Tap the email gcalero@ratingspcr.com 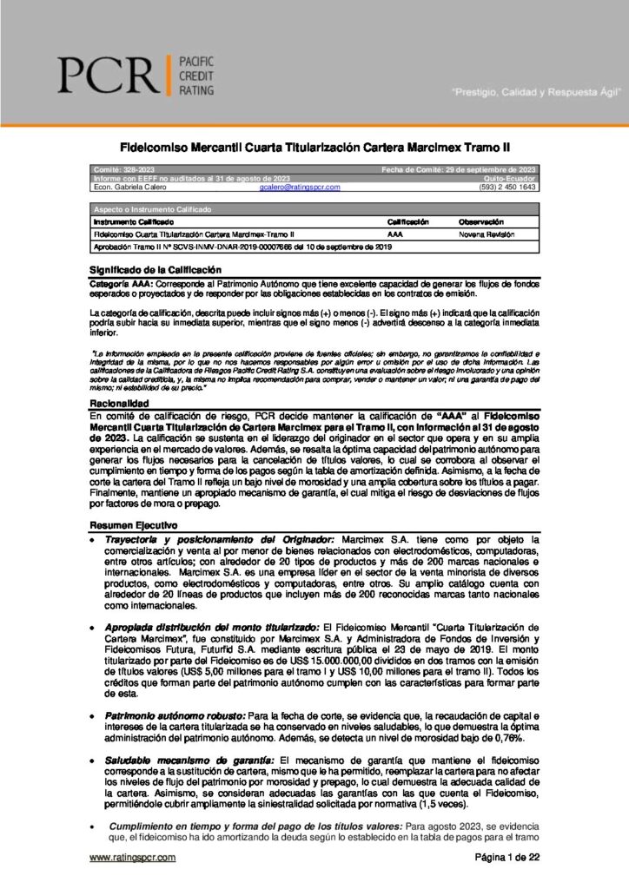point(299,187)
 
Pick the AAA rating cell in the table point(396,234)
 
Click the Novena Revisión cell point(487,234)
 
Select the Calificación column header point(409,222)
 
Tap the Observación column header point(481,222)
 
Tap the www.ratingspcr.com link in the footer point(133,858)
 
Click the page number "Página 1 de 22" point(507,858)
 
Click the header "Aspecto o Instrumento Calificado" point(145,210)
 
